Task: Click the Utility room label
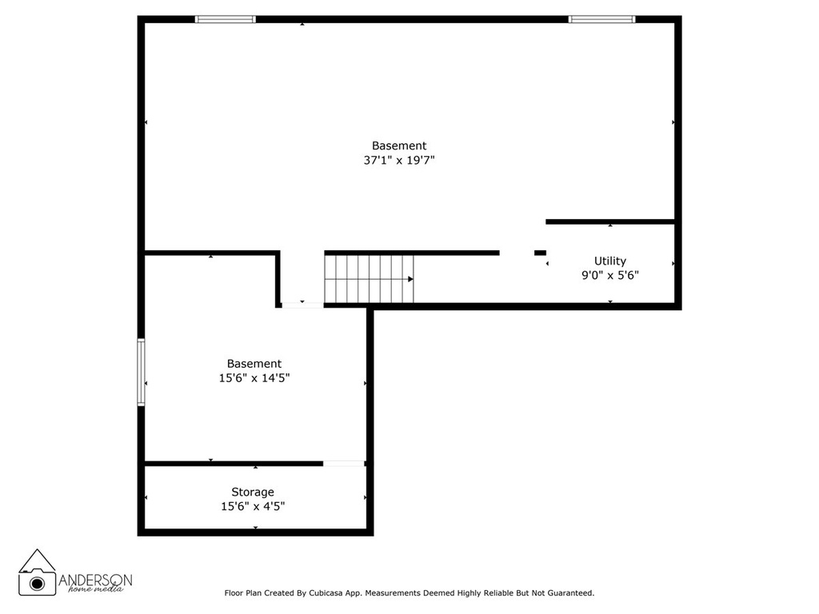[x=609, y=261]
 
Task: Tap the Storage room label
[x=253, y=492]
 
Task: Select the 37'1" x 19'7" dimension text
[x=399, y=160]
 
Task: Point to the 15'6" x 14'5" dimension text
[x=254, y=377]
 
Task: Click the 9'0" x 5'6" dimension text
[x=610, y=275]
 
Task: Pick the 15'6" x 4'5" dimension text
[x=253, y=506]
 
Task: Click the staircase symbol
[x=370, y=278]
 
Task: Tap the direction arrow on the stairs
[x=410, y=279]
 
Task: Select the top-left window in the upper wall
[x=226, y=19]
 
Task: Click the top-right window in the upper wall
[x=601, y=19]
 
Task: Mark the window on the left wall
[x=141, y=372]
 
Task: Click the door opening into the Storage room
[x=344, y=464]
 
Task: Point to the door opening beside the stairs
[x=302, y=305]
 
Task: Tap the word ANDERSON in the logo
[x=95, y=580]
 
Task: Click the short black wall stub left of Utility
[x=540, y=253]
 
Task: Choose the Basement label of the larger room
[x=399, y=146]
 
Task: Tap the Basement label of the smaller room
[x=254, y=364]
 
